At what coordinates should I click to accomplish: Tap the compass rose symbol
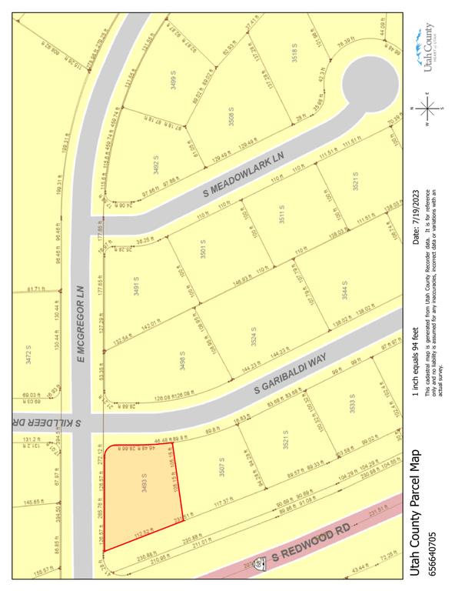pos(430,108)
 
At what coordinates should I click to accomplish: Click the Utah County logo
pos(427,48)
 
